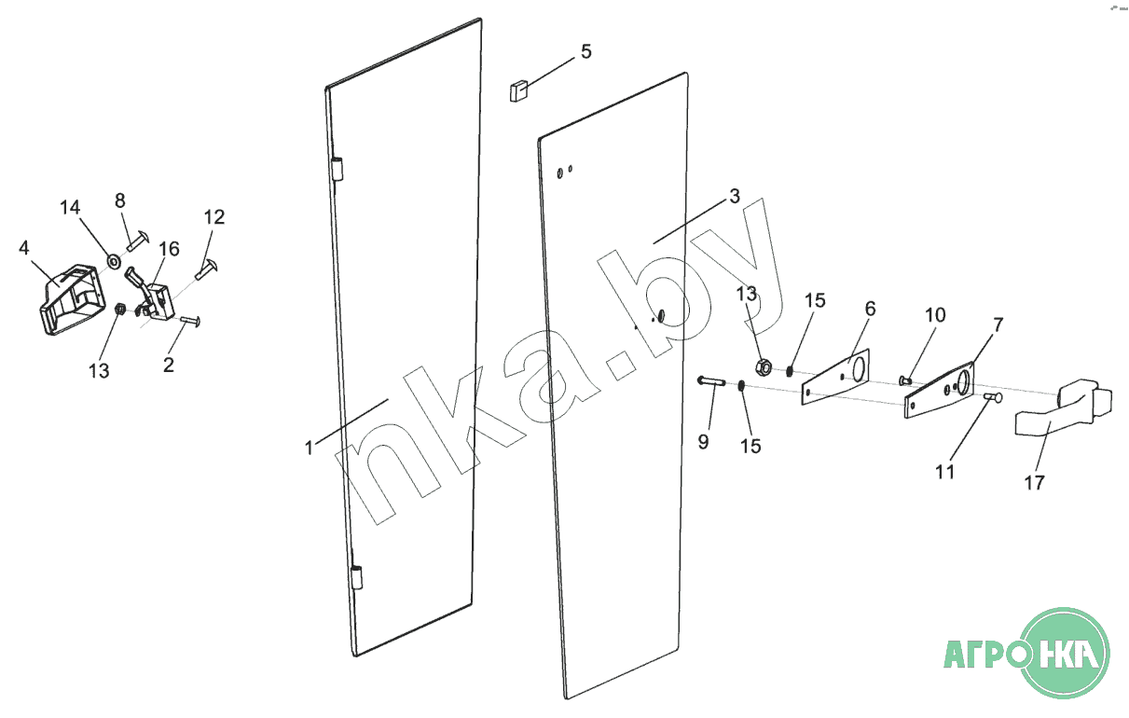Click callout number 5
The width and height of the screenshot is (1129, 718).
pyautogui.click(x=585, y=51)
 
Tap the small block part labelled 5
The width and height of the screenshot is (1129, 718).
pyautogui.click(x=518, y=90)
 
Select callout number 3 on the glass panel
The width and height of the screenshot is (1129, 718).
pyautogui.click(x=735, y=197)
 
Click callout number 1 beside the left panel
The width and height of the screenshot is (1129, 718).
pyautogui.click(x=309, y=448)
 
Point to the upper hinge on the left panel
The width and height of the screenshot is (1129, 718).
pyautogui.click(x=338, y=169)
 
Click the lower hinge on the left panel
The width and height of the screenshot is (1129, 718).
pyautogui.click(x=356, y=575)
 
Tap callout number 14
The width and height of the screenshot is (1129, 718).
pyautogui.click(x=71, y=208)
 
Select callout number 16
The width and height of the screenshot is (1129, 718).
pyautogui.click(x=169, y=249)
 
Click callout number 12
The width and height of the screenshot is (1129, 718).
pyautogui.click(x=213, y=217)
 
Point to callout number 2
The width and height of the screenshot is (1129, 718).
pyautogui.click(x=169, y=365)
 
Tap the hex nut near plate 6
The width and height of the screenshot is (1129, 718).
pyautogui.click(x=761, y=366)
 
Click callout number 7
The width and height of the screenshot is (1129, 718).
pyautogui.click(x=998, y=325)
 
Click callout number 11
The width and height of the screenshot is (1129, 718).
pyautogui.click(x=945, y=472)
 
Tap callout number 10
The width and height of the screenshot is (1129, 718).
pyautogui.click(x=935, y=315)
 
